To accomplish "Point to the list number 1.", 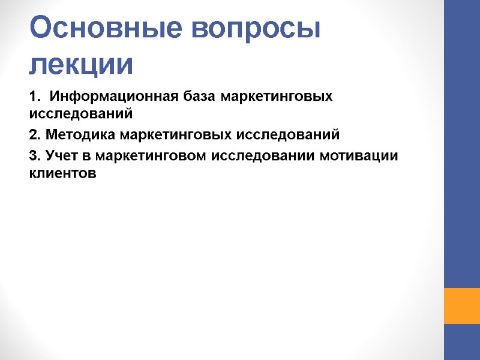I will [x=34, y=97].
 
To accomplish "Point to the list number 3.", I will [x=34, y=156].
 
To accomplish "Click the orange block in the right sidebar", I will [x=461, y=305].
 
